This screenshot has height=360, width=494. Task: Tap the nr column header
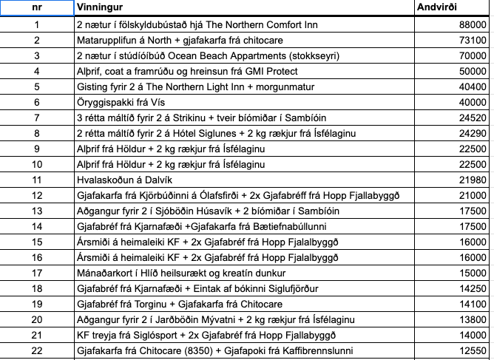tap(37, 7)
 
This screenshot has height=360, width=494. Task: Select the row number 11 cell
tap(37, 180)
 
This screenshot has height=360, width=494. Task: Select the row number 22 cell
tap(37, 350)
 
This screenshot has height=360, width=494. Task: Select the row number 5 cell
tap(37, 86)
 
